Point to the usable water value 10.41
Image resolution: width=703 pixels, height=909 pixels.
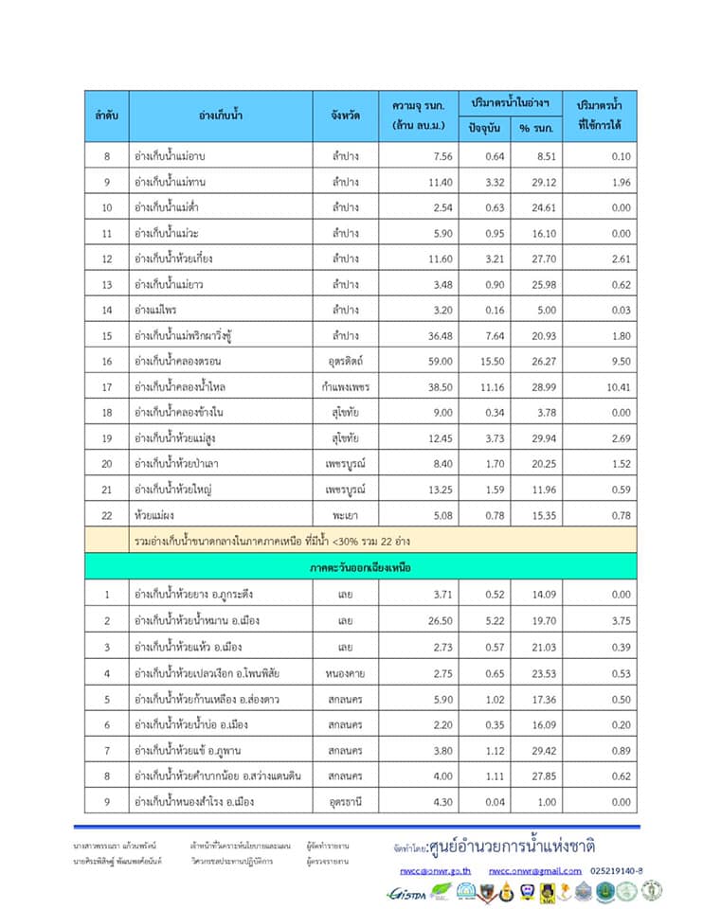[x=616, y=386]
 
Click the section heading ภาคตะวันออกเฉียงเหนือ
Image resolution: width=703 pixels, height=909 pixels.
[x=360, y=567]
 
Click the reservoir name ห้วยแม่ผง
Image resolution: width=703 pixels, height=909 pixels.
[x=155, y=514]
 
